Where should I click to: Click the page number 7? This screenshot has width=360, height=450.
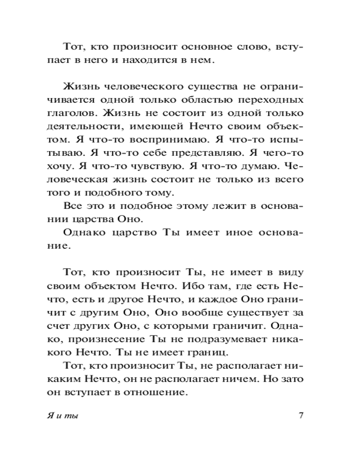tap(301, 414)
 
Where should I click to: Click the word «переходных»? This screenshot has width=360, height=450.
tap(278, 99)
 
